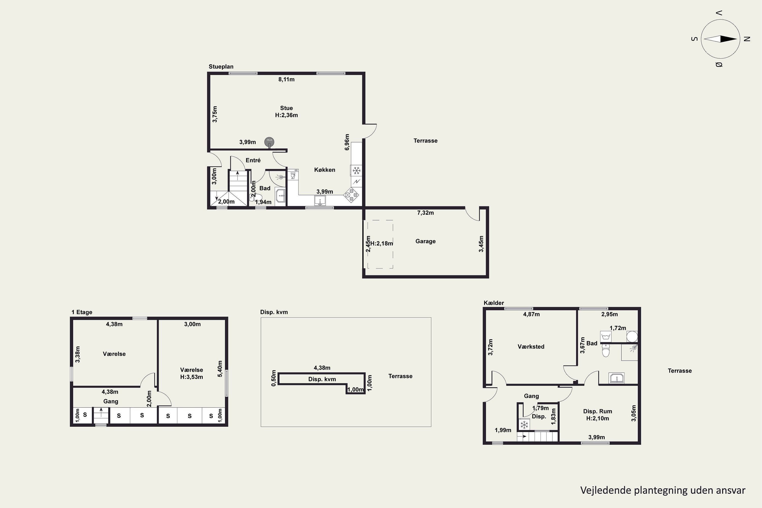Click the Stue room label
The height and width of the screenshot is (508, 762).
coord(287,108)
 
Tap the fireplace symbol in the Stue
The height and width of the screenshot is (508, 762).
coord(269,141)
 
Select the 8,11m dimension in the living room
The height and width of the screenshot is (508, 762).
coord(287,79)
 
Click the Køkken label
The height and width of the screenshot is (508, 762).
coord(325,170)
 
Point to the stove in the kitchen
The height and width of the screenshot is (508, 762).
coord(352,195)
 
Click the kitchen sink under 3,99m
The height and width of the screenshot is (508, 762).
coord(320,201)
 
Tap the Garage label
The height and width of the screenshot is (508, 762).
coord(425,241)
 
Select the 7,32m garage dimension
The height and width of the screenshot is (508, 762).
coord(425,213)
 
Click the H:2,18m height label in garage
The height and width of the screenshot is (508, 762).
coord(382,243)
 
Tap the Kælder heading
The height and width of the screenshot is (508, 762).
coord(494,303)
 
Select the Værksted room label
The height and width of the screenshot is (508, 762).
coord(531,347)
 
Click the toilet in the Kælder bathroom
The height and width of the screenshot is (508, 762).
coord(606,350)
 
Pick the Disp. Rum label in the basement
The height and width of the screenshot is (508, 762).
coord(598,411)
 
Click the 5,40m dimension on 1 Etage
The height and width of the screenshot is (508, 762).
coord(220,369)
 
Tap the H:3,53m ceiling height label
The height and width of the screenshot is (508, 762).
coord(192,377)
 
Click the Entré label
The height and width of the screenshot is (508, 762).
coord(253,160)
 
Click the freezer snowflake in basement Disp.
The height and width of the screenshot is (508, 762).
coord(524,424)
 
